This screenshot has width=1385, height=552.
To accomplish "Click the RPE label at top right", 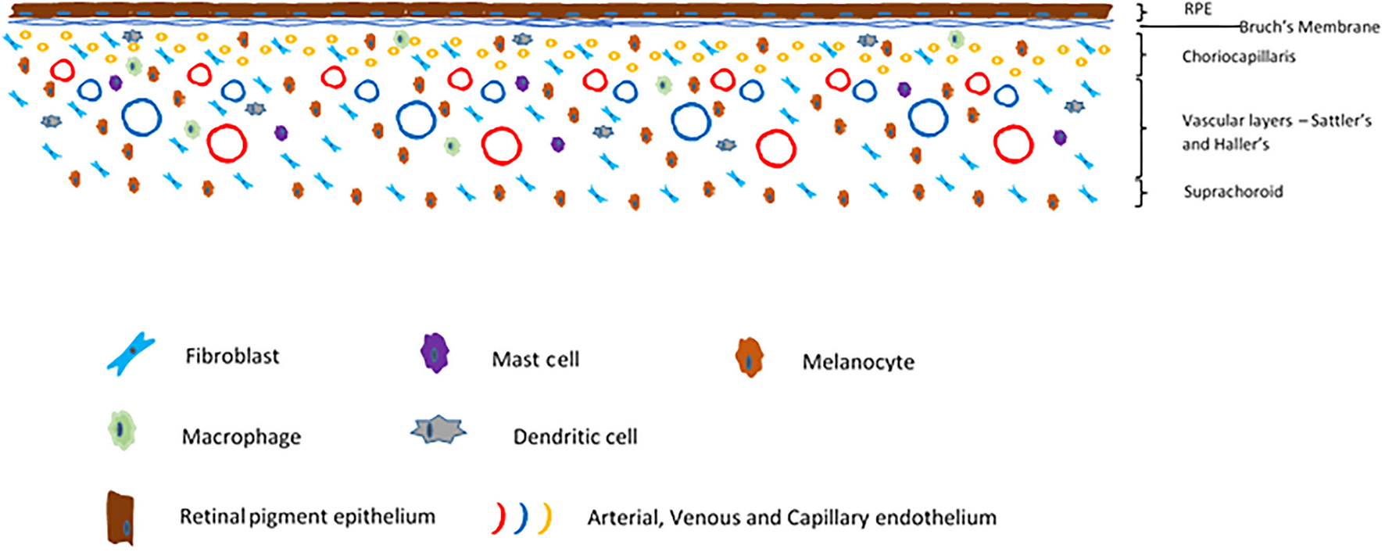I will coord(1197,9).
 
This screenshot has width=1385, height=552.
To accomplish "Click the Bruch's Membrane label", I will coord(1309,27).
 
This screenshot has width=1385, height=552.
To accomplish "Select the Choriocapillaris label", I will coord(1238,56).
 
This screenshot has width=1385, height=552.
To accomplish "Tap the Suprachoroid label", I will coord(1233,192).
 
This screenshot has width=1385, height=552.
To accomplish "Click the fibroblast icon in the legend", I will coord(131,354).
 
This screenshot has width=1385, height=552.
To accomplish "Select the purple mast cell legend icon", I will coord(435,353).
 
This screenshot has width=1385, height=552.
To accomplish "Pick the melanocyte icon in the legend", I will coord(750,358).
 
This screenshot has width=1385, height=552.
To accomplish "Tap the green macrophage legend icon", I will coord(121,429).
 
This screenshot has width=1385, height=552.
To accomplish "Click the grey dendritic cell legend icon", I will coord(438,429).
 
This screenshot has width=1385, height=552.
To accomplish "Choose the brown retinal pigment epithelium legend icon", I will coord(120,518).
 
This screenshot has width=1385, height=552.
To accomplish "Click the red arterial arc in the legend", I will coord(499,518).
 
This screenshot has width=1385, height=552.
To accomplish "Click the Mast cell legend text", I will coord(535,360).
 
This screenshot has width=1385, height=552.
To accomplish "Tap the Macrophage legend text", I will coord(241,436).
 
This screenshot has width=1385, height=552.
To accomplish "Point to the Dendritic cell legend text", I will coord(574,436).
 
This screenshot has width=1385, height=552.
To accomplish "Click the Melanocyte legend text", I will coord(857,362).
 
